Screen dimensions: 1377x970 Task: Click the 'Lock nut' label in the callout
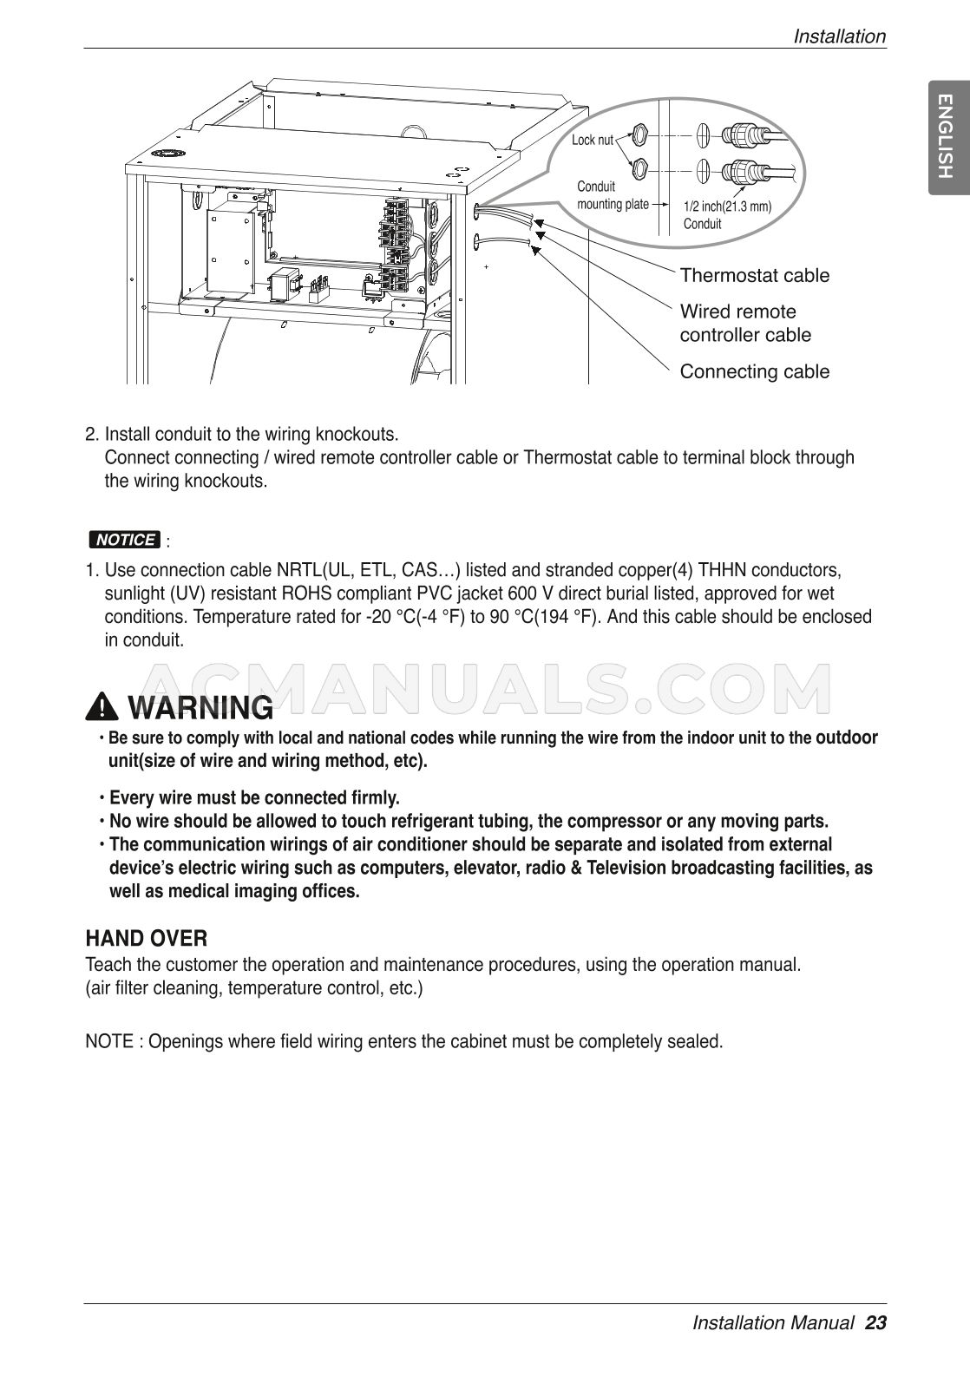(x=593, y=140)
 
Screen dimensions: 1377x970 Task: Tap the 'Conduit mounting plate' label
(x=613, y=196)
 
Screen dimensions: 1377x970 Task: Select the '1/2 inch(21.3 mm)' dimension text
(x=727, y=207)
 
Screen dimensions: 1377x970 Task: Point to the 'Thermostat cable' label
(x=754, y=276)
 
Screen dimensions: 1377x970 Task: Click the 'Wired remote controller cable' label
(x=744, y=323)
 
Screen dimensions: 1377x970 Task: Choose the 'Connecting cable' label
(x=754, y=372)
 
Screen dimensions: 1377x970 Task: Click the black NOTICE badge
(x=125, y=540)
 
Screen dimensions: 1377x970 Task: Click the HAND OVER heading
(x=146, y=939)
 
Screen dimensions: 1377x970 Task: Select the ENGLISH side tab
(x=946, y=137)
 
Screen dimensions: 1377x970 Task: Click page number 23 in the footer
(x=875, y=1323)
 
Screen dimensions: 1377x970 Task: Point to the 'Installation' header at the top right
(x=839, y=36)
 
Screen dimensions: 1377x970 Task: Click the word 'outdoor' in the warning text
(x=846, y=738)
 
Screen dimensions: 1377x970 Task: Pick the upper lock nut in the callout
(x=639, y=135)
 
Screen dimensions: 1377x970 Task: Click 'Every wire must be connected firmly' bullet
(x=254, y=797)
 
